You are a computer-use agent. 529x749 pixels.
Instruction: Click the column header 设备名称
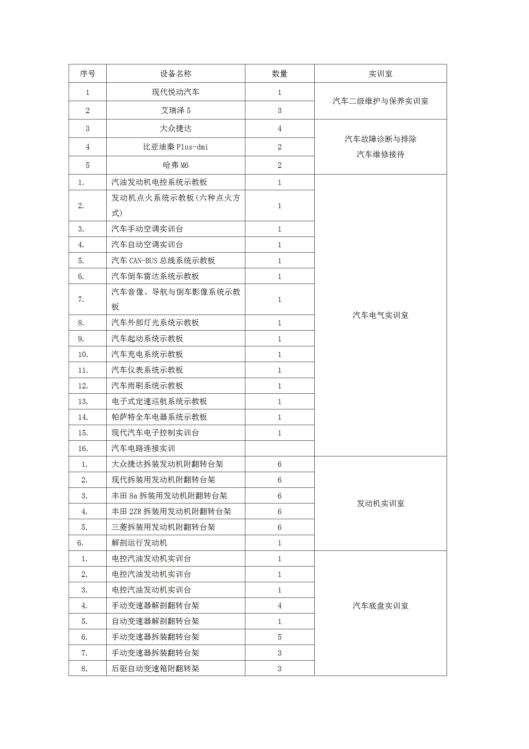coord(176,74)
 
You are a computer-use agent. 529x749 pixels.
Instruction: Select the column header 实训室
coord(380,74)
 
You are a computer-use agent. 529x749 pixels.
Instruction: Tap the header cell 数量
coord(279,74)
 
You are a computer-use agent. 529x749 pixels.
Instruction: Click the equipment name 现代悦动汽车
coord(176,92)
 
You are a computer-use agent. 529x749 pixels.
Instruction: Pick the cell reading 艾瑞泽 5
coord(176,110)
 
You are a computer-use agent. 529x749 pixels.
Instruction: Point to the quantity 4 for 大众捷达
coord(279,128)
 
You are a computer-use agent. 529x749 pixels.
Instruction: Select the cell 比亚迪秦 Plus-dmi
coord(176,147)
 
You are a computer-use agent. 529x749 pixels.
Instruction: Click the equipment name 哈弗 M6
coord(176,165)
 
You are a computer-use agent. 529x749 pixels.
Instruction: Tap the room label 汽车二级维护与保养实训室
coord(380,101)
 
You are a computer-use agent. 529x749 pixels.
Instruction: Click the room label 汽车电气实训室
coord(380,315)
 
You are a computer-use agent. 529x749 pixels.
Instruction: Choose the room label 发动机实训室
coord(380,503)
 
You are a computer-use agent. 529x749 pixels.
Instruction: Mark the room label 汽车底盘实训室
coord(380,606)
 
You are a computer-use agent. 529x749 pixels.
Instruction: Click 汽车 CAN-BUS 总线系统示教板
coord(163,261)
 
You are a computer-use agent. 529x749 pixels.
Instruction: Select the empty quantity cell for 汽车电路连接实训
coord(279,448)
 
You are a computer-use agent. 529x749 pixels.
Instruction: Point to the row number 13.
coord(83,401)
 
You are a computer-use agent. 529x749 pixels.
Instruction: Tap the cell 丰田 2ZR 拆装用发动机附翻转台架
coord(171,511)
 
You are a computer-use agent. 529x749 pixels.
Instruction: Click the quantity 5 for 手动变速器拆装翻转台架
coord(279,637)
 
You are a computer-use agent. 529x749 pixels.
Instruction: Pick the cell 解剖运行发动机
coord(139,543)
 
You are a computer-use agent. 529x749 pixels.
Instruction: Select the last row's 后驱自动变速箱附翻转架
coord(155,669)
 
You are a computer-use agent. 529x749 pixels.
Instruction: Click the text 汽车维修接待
coord(380,154)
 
